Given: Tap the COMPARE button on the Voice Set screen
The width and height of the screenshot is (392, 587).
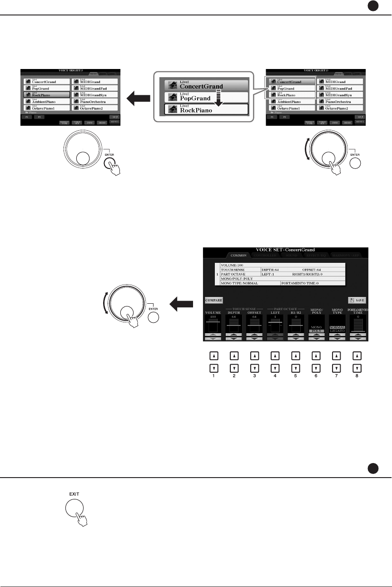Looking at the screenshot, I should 213,300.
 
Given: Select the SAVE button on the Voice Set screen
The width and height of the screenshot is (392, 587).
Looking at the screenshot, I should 357,300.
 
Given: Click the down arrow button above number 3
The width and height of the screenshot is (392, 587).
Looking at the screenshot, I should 255,368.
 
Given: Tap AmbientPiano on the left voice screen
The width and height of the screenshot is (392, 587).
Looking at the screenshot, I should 45,102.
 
